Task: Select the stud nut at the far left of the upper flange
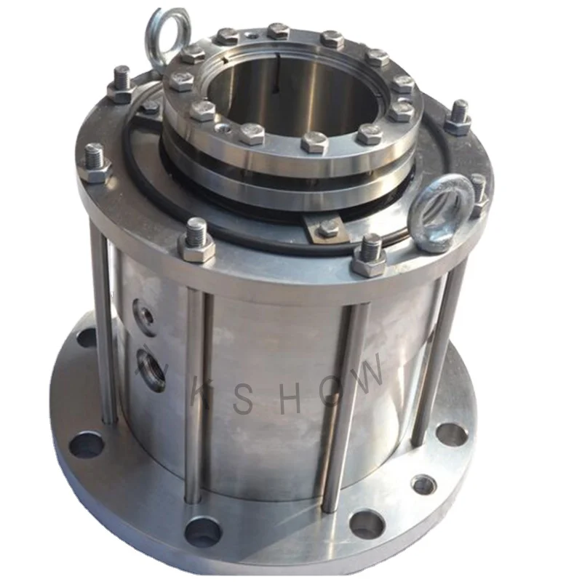tap(95, 166)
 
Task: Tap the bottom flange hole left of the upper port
tap(87, 338)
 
